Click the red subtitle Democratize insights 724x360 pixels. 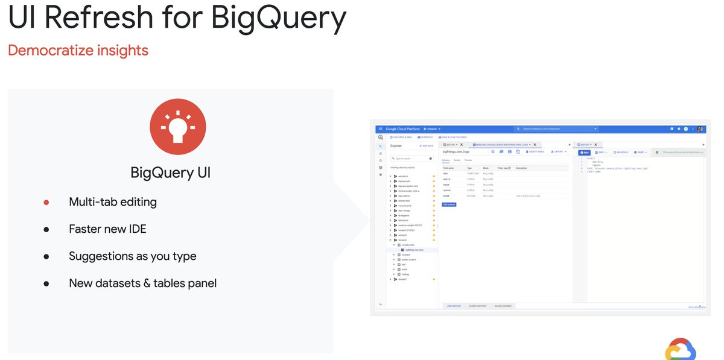click(78, 51)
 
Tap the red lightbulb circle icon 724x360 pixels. click(178, 127)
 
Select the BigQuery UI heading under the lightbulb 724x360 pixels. click(170, 173)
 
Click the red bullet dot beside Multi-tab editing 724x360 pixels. click(46, 203)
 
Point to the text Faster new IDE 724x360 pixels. click(107, 229)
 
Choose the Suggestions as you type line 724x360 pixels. click(132, 256)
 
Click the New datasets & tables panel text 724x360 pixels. click(142, 283)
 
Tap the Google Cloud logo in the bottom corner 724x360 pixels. click(681, 349)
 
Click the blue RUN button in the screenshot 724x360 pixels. click(583, 152)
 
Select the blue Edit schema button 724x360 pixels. click(449, 204)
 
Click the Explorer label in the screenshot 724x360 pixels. click(396, 146)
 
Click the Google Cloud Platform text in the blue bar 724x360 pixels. click(402, 129)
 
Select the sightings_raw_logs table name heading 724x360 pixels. click(457, 152)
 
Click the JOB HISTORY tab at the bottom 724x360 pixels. click(454, 306)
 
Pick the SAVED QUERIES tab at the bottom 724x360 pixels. click(503, 306)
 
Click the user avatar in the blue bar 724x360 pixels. click(700, 129)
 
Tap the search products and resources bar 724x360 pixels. click(556, 129)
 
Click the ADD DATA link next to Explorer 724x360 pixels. click(427, 146)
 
